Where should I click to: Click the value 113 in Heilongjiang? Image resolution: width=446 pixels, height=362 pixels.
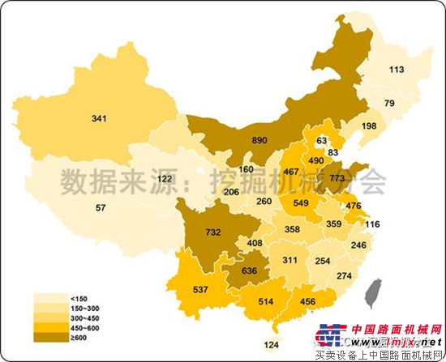click(x=396, y=70)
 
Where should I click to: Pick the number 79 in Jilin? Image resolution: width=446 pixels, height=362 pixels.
click(x=389, y=103)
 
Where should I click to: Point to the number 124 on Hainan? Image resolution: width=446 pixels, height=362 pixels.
click(x=270, y=347)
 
